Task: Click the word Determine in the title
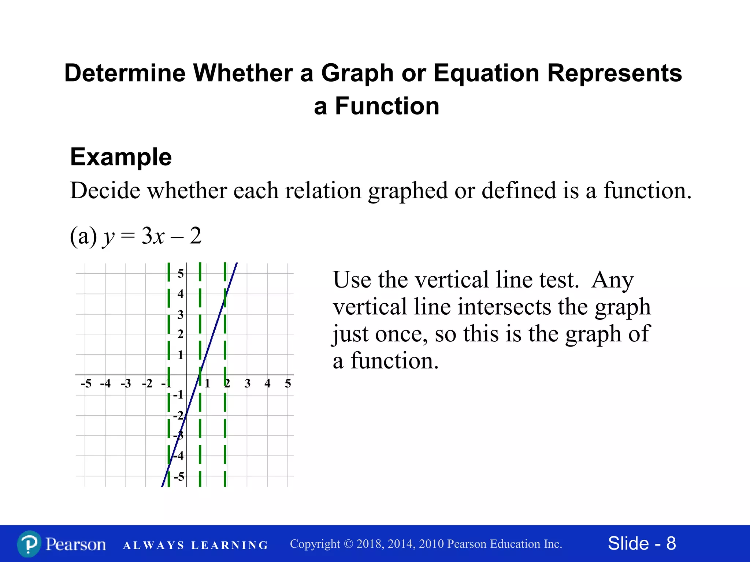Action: (125, 73)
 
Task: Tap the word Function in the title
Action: (387, 106)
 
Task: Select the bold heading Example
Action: (121, 157)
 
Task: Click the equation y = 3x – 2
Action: (152, 236)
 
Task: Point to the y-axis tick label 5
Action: (181, 273)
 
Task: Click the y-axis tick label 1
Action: (181, 355)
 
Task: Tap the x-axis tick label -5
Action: (86, 383)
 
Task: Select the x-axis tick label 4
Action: (268, 383)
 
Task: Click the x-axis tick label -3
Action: (126, 383)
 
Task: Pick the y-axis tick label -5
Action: (179, 477)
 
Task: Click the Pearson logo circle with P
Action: (29, 544)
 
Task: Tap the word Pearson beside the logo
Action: (76, 544)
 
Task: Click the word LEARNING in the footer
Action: (230, 546)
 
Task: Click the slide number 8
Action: (671, 543)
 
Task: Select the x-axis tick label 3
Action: (248, 383)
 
